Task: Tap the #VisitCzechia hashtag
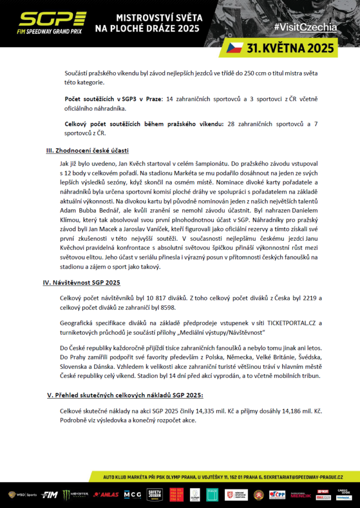click(x=305, y=27)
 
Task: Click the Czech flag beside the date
click(x=235, y=48)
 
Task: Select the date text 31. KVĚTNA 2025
click(x=290, y=48)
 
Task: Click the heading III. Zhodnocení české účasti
click(x=87, y=150)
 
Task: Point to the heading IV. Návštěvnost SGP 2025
click(x=81, y=282)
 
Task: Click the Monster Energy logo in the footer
click(x=76, y=494)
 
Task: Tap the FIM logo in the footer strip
click(x=49, y=494)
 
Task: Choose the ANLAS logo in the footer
click(x=106, y=494)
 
